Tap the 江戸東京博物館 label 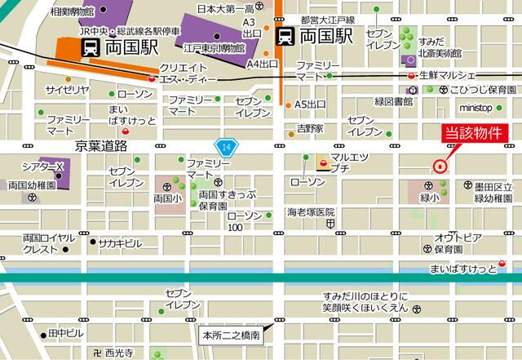(x=215, y=48)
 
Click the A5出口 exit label (x=310, y=104)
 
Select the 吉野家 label (x=310, y=129)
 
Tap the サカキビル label (x=121, y=243)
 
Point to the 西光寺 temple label (x=119, y=352)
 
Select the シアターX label (x=42, y=166)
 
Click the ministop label (x=476, y=107)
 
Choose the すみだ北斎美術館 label (x=440, y=47)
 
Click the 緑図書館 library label (x=393, y=102)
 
